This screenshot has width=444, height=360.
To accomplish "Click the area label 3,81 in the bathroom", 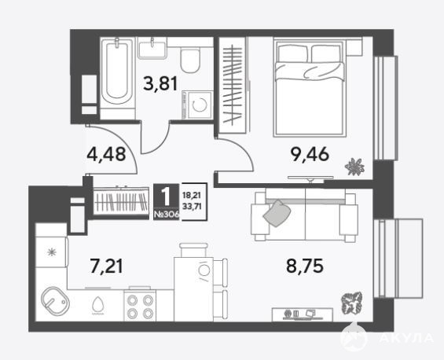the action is pyautogui.click(x=160, y=83).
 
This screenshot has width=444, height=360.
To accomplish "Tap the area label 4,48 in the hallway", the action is pyautogui.click(x=106, y=155).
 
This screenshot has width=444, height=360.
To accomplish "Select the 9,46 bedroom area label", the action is pyautogui.click(x=310, y=154).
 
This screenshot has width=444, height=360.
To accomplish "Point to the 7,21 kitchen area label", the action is pyautogui.click(x=106, y=266).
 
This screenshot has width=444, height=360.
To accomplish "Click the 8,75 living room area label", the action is pyautogui.click(x=305, y=266).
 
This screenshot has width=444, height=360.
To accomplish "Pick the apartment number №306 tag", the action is pyautogui.click(x=167, y=215).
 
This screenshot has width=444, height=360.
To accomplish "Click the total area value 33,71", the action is pyautogui.click(x=192, y=207).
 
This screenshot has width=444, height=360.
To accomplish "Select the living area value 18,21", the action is pyautogui.click(x=192, y=196).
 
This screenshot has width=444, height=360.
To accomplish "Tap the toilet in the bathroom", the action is pyautogui.click(x=190, y=59).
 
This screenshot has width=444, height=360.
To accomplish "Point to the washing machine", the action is pyautogui.click(x=198, y=105).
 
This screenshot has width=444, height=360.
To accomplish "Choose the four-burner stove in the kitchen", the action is pyautogui.click(x=140, y=306).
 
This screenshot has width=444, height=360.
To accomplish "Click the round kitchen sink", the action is pyautogui.click(x=55, y=300).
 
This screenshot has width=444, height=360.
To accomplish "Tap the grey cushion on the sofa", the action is pyautogui.click(x=277, y=213).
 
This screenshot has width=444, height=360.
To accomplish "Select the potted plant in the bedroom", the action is pyautogui.click(x=354, y=167).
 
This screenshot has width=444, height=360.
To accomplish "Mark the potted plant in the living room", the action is pyautogui.click(x=352, y=303).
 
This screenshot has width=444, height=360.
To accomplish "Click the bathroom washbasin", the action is pyautogui.click(x=152, y=48).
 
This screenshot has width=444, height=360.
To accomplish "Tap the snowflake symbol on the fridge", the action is pyautogui.click(x=52, y=252).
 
